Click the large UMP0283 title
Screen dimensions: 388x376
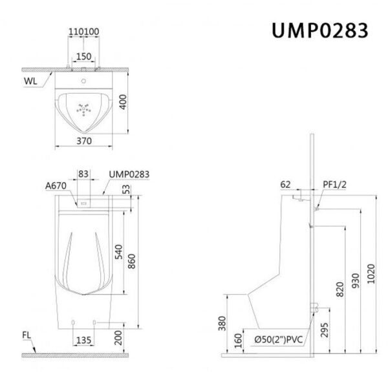320,30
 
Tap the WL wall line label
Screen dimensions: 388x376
30,81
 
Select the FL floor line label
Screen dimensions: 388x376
27,335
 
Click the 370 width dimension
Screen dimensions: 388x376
84,141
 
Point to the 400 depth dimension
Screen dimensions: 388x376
123,102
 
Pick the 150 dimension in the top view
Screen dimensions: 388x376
84,57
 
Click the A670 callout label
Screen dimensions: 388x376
56,185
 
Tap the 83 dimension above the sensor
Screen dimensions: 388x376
83,174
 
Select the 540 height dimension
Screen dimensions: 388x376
119,252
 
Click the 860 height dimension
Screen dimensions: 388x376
131,261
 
